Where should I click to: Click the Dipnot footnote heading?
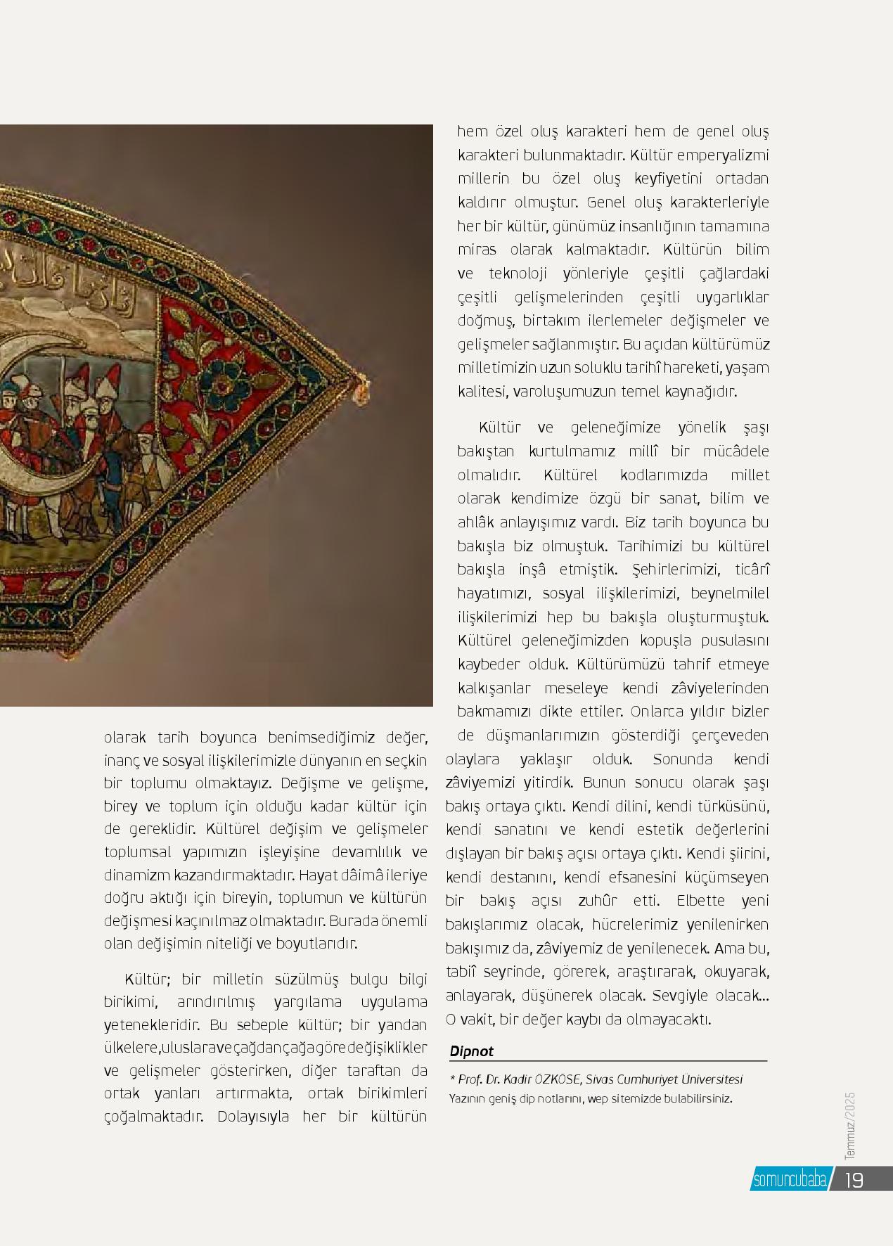[x=472, y=1051]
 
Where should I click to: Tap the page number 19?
[x=854, y=1179]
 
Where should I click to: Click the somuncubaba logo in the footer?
[x=790, y=1180]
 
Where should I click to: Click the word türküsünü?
[x=731, y=806]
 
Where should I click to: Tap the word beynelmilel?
[x=730, y=593]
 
